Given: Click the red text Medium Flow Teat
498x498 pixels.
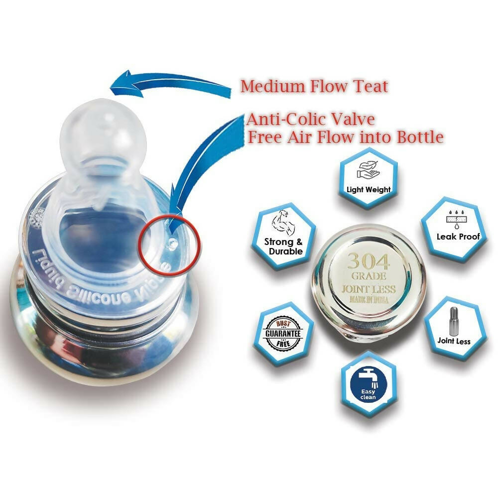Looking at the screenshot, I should tap(314, 86).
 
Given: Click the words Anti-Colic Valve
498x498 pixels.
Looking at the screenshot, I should tap(311, 120).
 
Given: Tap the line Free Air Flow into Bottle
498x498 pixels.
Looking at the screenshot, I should tap(346, 136).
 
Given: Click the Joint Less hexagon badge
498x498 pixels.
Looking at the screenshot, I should tap(454, 329).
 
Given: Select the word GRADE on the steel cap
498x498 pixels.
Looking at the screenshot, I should tap(369, 276).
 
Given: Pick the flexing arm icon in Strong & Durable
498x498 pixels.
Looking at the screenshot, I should tap(284, 223).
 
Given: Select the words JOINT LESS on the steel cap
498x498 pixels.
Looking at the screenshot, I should tap(369, 290).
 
